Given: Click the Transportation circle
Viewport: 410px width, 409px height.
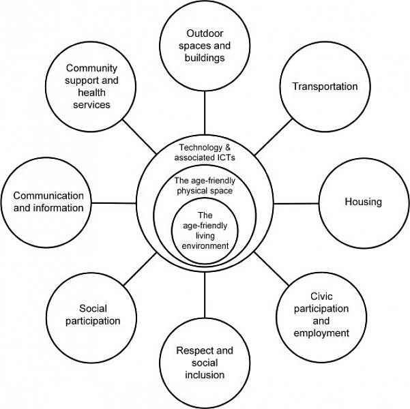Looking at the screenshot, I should coord(325,87).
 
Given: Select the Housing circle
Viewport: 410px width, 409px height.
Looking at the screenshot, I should coord(363,202).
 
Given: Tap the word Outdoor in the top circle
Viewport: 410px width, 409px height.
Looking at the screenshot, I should coord(205,33).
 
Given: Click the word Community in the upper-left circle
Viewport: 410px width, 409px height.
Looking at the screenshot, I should coord(92,68).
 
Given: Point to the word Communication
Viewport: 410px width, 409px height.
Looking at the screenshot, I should coord(48,196).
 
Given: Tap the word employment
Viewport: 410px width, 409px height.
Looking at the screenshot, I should coord(321,333).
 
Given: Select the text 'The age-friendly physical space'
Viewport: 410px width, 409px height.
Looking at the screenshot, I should coord(204,185).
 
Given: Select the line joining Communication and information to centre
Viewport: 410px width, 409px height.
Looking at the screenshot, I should coord(114,202).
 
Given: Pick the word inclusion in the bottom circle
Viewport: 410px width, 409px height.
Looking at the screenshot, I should coord(205,374).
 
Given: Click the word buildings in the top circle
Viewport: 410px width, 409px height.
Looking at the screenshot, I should coord(205,57).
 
